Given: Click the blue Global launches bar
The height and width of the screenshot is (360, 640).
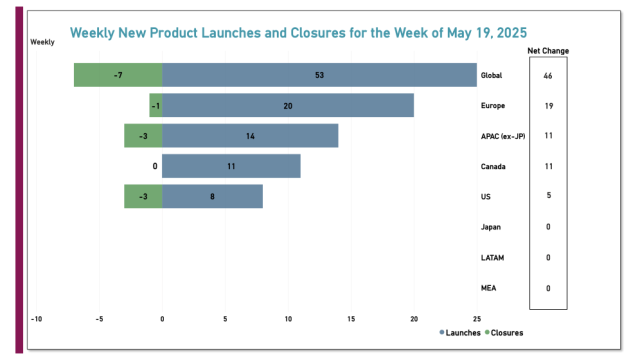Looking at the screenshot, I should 319,75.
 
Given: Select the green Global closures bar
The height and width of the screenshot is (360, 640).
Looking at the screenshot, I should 118,75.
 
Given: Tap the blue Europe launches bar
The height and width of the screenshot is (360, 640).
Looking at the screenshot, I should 287,105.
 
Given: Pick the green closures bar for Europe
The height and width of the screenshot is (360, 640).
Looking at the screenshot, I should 156,105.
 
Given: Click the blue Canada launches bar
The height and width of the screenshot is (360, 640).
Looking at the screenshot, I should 231,166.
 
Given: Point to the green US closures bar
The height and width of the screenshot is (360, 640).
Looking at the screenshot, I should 143,196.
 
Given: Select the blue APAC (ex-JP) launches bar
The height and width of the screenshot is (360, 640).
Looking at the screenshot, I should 250,135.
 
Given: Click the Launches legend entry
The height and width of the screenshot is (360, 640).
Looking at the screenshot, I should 459,332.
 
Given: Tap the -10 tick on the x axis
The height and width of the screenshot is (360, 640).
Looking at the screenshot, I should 36,318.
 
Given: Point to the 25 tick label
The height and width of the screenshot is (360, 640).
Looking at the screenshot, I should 476,318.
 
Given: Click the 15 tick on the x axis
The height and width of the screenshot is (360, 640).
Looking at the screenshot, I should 351,318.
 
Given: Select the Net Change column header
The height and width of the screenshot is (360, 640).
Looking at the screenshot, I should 548,50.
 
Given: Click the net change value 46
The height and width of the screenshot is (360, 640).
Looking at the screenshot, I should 548,76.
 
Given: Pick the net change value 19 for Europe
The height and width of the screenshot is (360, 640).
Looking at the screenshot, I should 548,106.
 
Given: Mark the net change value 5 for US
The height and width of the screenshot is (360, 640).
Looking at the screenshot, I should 548,195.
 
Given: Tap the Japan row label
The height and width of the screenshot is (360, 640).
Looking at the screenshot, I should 490,227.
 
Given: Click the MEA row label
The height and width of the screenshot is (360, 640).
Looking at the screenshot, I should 488,288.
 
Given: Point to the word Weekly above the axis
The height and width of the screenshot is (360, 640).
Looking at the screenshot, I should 42,42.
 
